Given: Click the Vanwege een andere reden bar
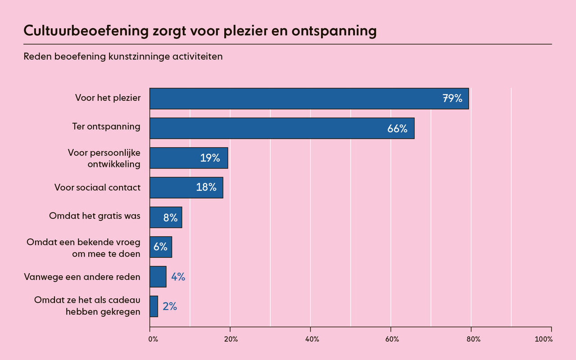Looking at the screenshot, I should click(158, 277).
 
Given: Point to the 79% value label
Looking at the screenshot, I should click(452, 99).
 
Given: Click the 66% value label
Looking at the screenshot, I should click(397, 129).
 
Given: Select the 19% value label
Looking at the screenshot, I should click(210, 158).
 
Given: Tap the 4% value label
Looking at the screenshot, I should click(178, 277).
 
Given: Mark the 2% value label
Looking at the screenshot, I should click(170, 306).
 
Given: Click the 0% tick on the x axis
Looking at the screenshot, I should click(153, 339).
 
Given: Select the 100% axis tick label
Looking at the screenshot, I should click(543, 339).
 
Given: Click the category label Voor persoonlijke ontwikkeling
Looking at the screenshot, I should click(104, 158).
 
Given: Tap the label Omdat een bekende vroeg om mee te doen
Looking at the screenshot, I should click(83, 247).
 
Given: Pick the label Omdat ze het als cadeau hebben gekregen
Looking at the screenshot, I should click(87, 306).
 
